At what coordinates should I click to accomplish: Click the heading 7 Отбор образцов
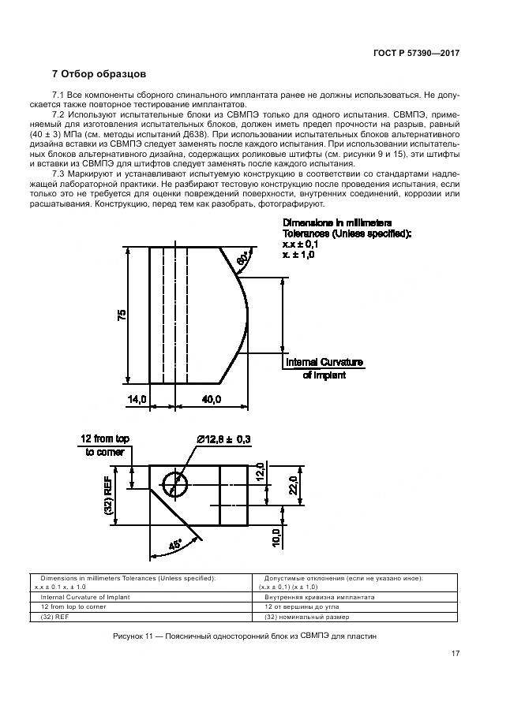99,75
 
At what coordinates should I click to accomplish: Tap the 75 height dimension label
121,314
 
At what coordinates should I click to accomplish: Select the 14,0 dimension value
138,400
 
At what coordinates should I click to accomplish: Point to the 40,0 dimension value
211,400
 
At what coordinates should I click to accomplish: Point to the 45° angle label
174,543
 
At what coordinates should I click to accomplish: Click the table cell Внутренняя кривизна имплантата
319,597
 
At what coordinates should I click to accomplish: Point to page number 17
456,653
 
